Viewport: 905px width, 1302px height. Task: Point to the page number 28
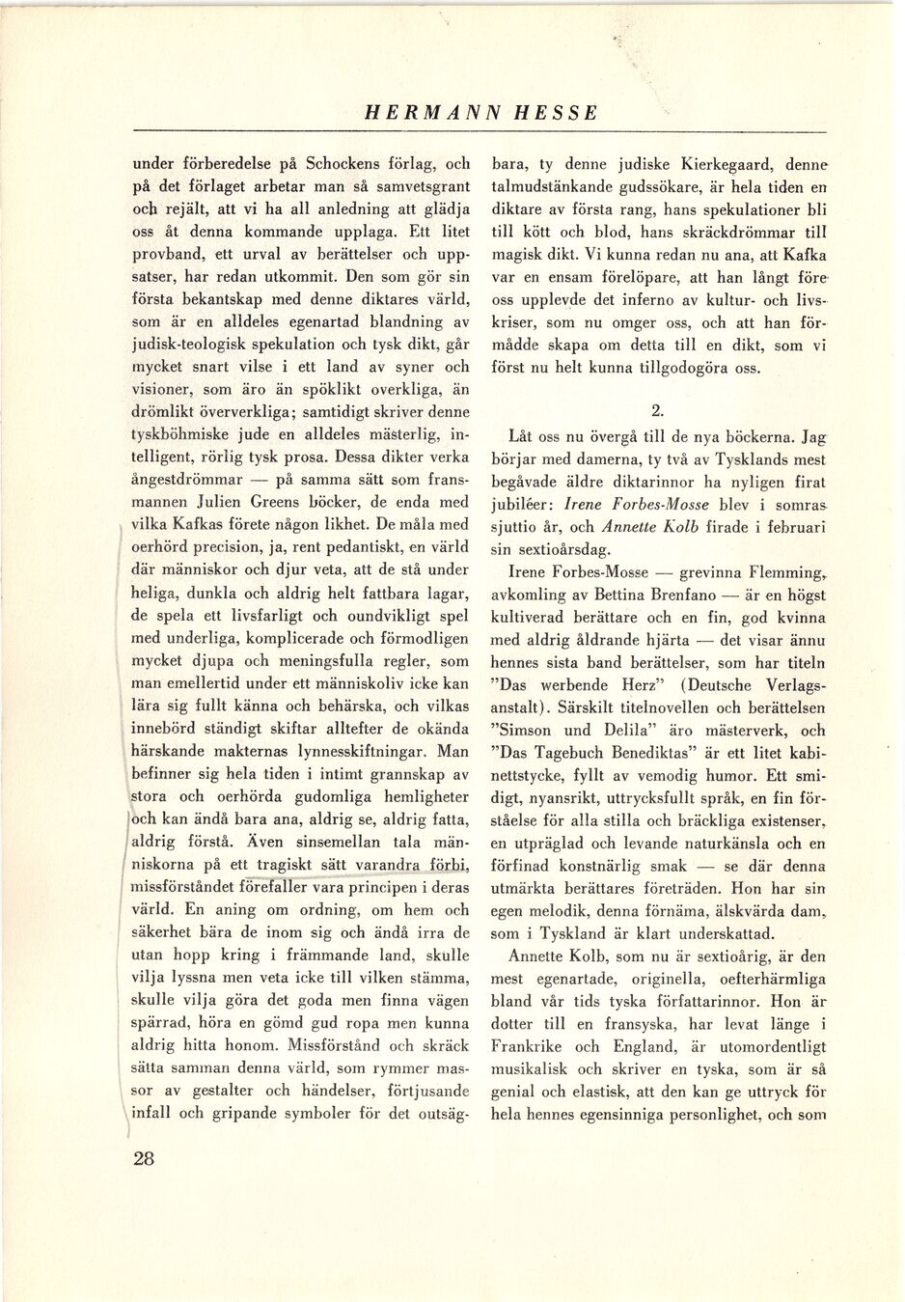click(144, 1159)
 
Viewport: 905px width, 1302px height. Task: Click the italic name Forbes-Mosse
click(664, 505)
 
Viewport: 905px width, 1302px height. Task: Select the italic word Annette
click(630, 528)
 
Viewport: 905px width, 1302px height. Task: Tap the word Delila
click(614, 731)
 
